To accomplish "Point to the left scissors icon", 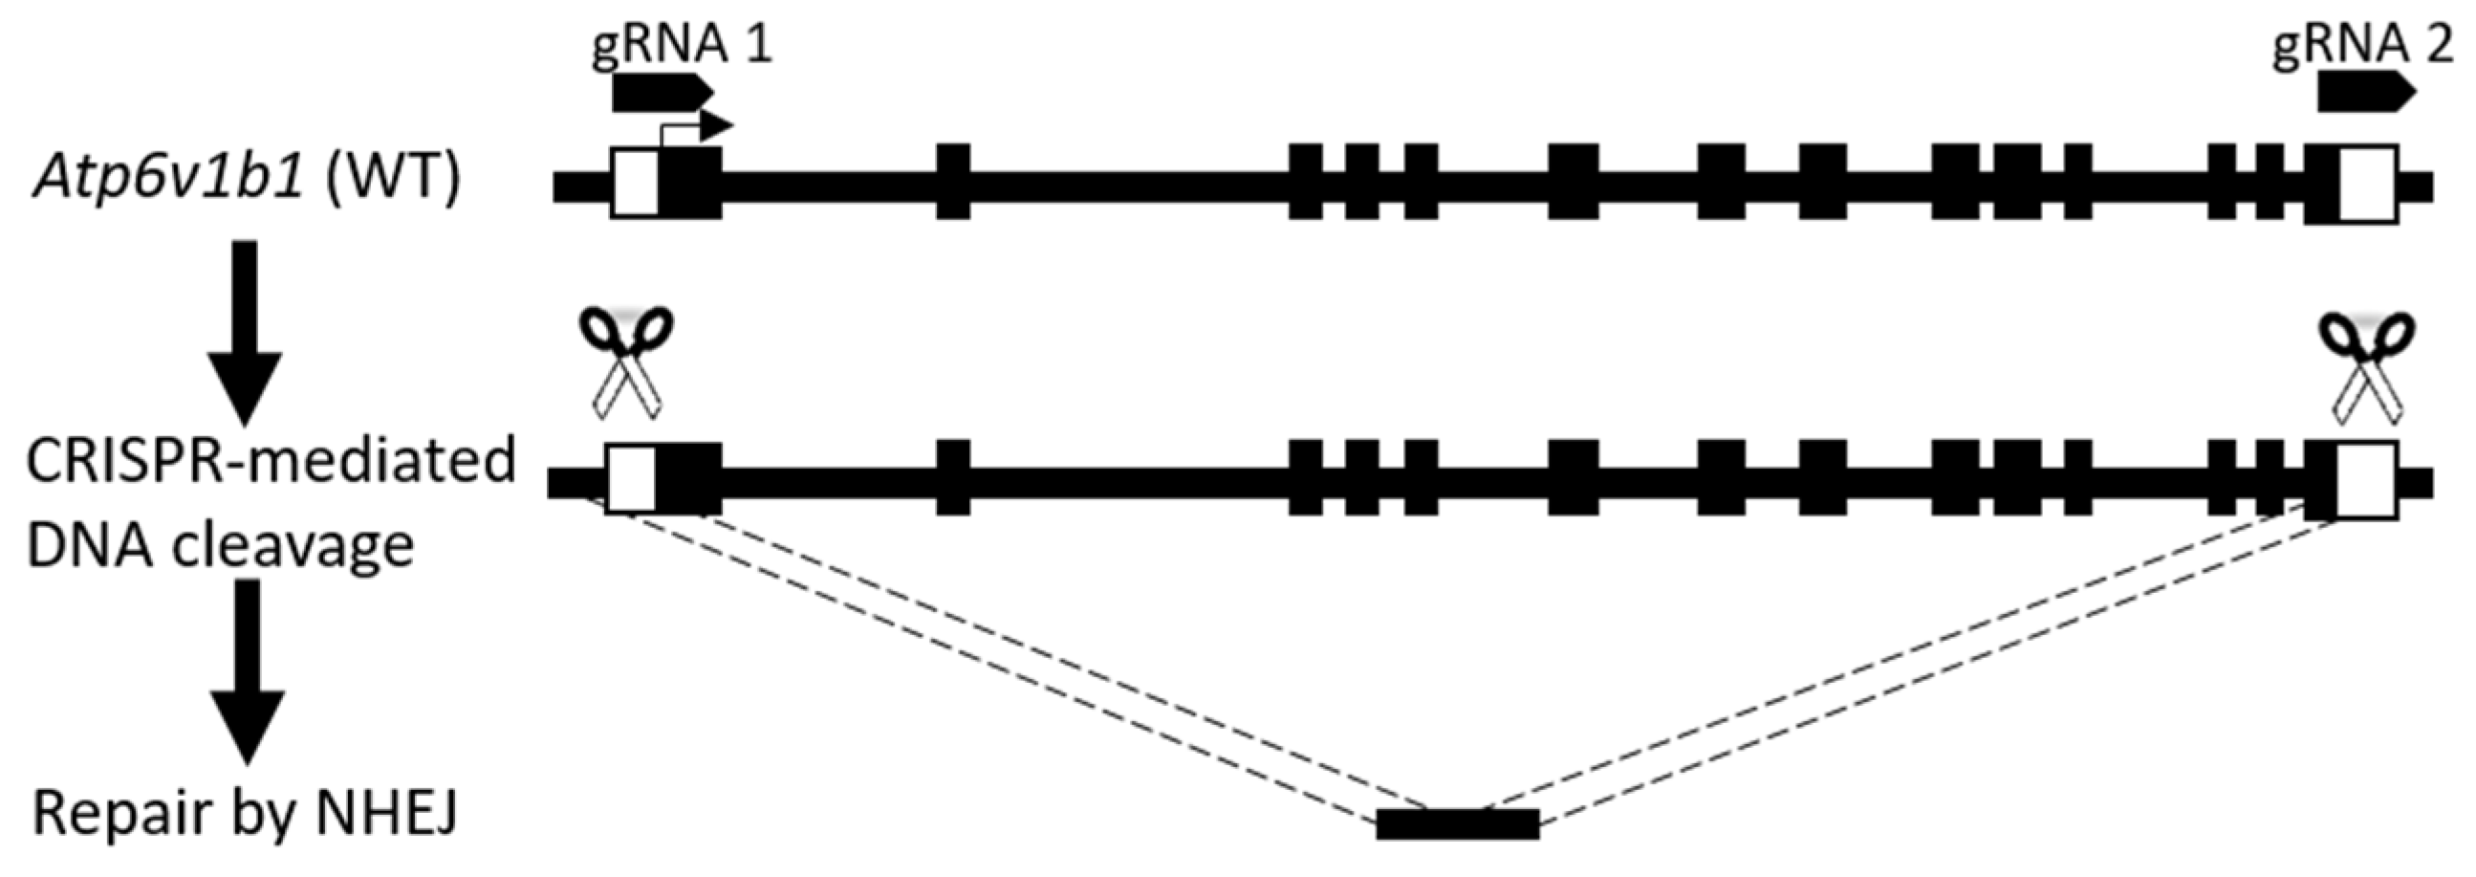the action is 626,361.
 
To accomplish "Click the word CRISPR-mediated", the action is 271,462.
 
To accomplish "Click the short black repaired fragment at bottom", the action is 1457,823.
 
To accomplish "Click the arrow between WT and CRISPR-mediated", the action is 245,332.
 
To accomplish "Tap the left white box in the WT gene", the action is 635,182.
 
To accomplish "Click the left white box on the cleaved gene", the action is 632,478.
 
